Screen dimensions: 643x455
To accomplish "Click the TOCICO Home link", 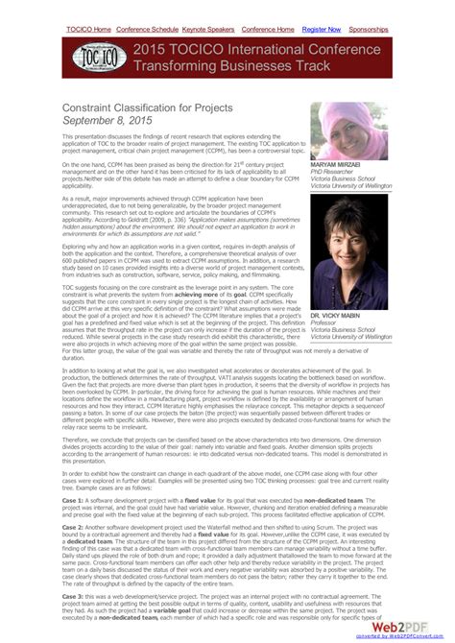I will [x=88, y=30].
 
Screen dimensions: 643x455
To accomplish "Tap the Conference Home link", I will [x=269, y=30].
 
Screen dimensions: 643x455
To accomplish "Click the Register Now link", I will [x=321, y=30].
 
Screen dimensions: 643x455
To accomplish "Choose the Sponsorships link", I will [x=369, y=30].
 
